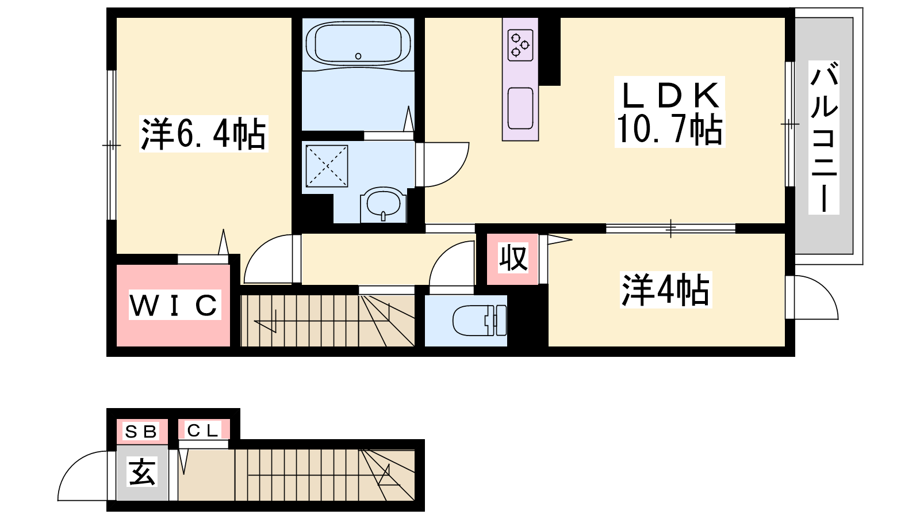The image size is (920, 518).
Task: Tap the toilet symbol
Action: [x=480, y=320]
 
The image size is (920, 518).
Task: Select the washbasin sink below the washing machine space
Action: [x=383, y=204]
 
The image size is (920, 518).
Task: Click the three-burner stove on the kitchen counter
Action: [x=520, y=45]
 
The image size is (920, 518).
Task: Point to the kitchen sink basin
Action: [x=520, y=108]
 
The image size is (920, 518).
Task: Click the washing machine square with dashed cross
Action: [x=327, y=166]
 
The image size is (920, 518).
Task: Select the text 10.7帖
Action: [x=669, y=130]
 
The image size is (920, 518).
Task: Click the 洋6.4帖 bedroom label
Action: [x=204, y=134]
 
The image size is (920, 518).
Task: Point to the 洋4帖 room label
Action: [x=665, y=290]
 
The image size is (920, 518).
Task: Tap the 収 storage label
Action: [x=513, y=258]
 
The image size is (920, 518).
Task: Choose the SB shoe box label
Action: [x=141, y=431]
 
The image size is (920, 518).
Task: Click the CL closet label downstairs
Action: [x=202, y=431]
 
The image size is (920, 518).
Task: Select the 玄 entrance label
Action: [x=142, y=472]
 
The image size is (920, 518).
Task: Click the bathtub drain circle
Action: [x=358, y=56]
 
